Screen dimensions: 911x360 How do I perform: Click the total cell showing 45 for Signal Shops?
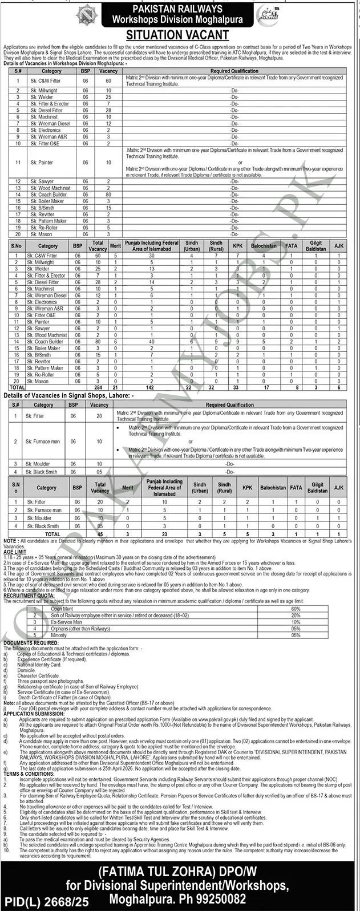(x=100, y=534)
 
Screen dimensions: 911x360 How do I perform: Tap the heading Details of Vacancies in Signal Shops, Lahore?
(x=68, y=394)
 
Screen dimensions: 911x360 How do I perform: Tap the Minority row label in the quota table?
(x=59, y=634)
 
